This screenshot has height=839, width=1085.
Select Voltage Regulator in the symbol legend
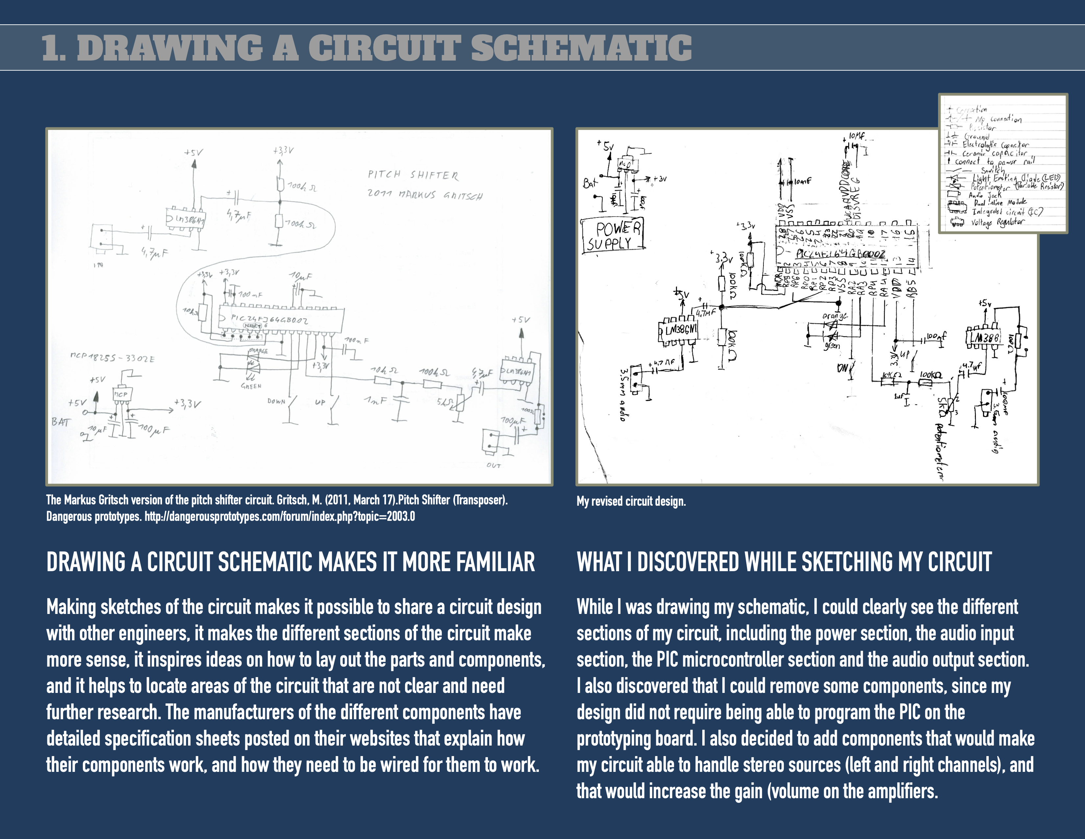[997, 222]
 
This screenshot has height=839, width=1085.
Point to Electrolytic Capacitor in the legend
[995, 145]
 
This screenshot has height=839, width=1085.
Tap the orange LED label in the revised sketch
[834, 316]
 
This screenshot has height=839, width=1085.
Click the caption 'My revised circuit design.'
[631, 501]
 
